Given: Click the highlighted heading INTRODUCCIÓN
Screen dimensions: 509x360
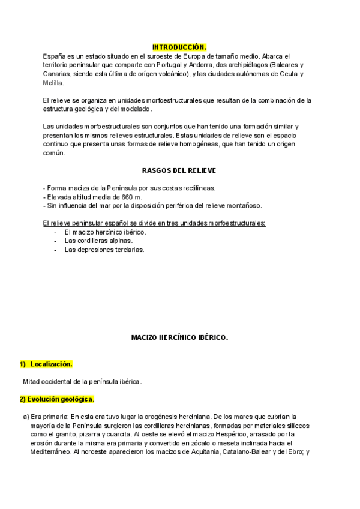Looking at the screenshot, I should pos(179,47).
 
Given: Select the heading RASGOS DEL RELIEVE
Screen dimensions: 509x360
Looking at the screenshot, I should pos(179,170).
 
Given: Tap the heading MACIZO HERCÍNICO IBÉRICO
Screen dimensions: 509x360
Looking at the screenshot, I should pos(179,337).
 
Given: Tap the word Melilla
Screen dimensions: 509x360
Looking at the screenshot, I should pos(53,83).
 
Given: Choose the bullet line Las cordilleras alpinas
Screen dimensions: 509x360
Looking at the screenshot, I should pos(98,241).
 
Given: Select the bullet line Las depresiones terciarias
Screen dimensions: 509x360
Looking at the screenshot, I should pos(104,250).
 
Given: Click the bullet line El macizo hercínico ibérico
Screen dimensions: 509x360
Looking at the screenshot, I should pos(105,232).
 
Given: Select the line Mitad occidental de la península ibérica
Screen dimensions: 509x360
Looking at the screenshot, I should pos(82,381).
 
